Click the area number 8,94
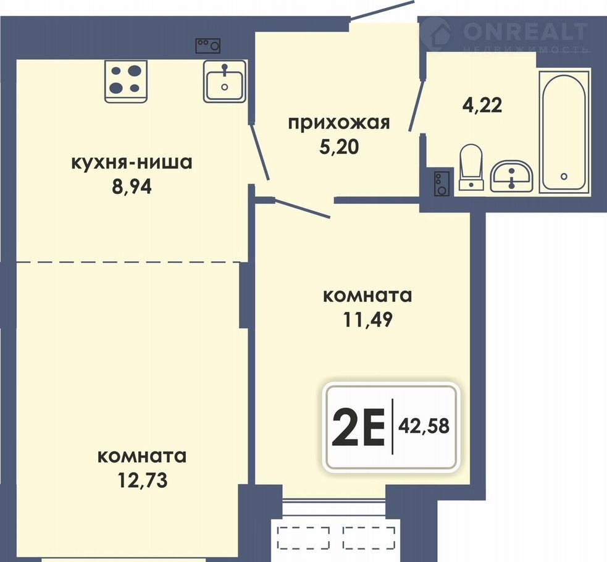(132, 187)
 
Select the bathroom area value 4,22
(482, 105)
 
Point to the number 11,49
(368, 320)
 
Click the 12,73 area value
(143, 480)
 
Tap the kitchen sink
(225, 82)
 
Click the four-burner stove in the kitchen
(126, 82)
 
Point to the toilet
(471, 167)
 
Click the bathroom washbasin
(512, 177)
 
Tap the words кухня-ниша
(132, 163)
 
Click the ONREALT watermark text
(525, 31)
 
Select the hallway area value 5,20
(339, 147)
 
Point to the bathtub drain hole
(564, 177)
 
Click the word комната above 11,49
(367, 296)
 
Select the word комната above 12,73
(142, 457)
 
